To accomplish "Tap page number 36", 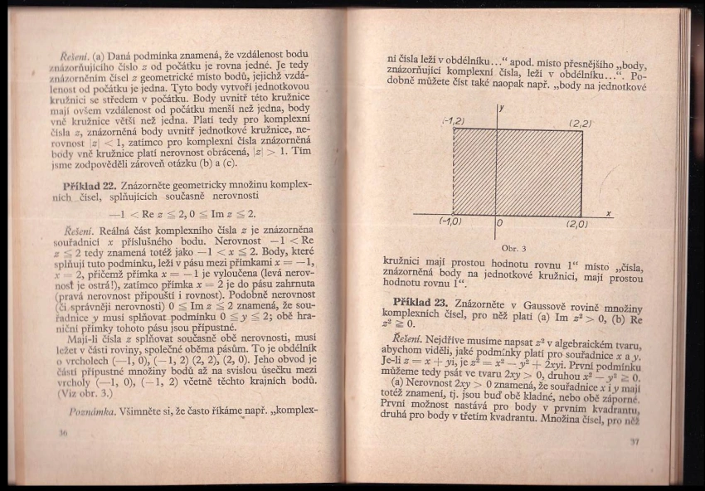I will (63, 433).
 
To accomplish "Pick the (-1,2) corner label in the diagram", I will (453, 121).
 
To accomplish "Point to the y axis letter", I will (503, 109).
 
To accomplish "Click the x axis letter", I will (609, 213).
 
